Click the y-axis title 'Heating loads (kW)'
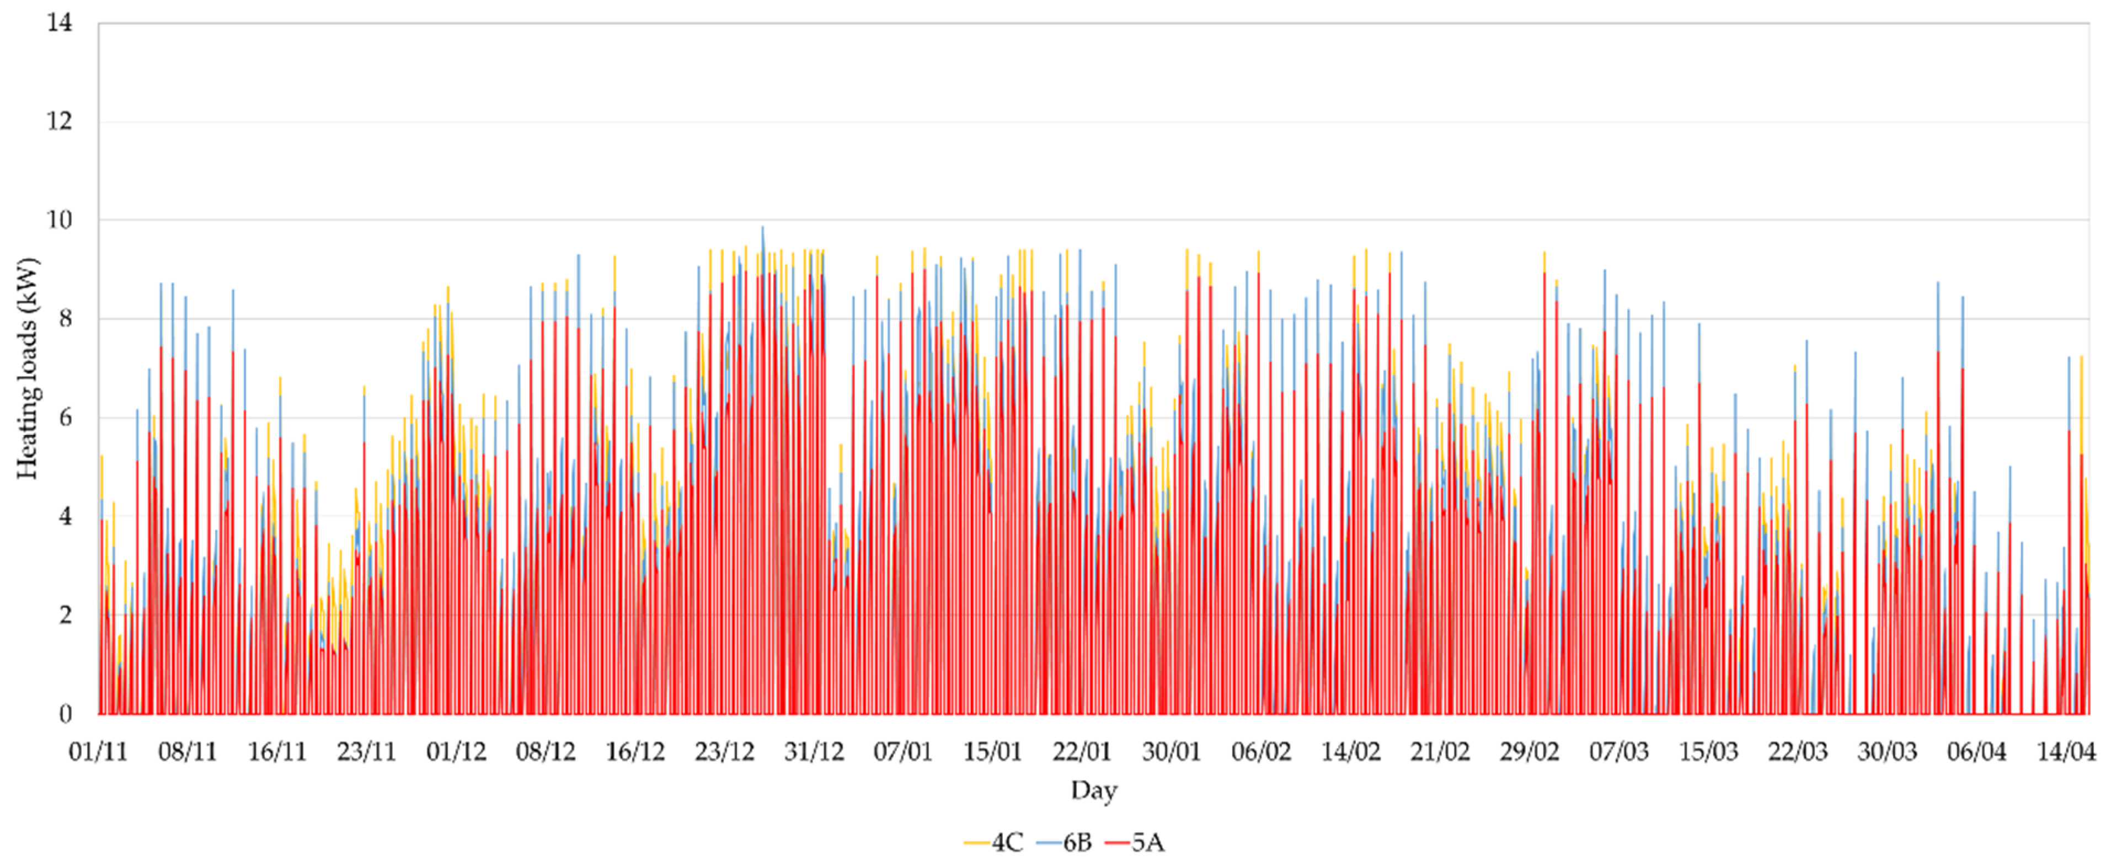point(27,368)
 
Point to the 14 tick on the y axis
point(59,23)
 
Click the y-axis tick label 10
point(59,220)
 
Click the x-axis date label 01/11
point(98,751)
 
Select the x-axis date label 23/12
point(724,751)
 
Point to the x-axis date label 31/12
point(814,751)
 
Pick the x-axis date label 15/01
point(992,751)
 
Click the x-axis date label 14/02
point(1350,751)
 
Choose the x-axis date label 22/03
point(1798,751)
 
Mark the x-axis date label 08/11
point(187,751)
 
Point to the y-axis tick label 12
point(59,121)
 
